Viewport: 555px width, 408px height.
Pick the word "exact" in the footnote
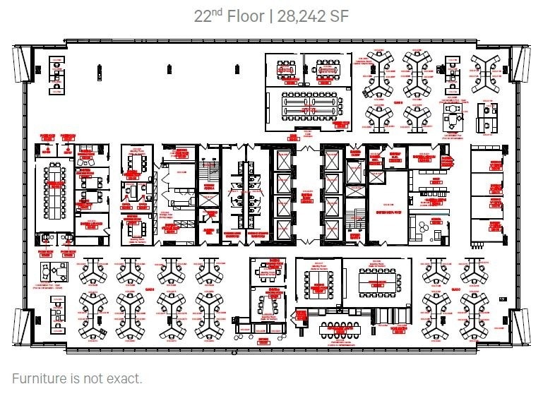pyautogui.click(x=124, y=378)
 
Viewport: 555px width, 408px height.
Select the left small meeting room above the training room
pyautogui.click(x=286, y=69)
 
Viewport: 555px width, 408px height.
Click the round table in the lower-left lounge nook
pyautogui.click(x=52, y=270)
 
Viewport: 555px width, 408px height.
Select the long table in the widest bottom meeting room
pyautogui.click(x=378, y=283)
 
